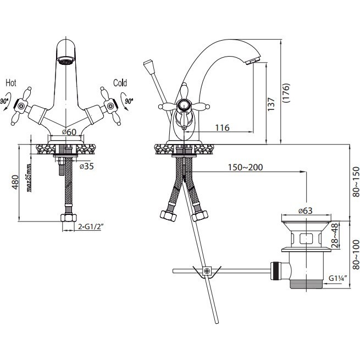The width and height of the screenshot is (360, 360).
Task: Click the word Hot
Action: click(x=11, y=83)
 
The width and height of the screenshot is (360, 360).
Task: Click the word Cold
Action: click(x=120, y=83)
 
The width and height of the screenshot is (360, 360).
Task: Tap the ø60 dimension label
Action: click(x=69, y=132)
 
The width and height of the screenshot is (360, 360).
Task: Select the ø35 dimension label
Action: click(x=87, y=166)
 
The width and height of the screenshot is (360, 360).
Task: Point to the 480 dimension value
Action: click(x=15, y=182)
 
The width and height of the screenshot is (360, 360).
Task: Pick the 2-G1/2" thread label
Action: click(x=90, y=226)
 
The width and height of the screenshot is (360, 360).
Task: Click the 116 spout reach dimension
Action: click(x=222, y=128)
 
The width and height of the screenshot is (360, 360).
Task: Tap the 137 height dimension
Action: click(x=271, y=104)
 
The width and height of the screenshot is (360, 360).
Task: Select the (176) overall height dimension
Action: click(x=286, y=93)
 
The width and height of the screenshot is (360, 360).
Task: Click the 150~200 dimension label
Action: click(x=245, y=168)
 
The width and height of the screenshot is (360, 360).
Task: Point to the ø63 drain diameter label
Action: click(x=306, y=211)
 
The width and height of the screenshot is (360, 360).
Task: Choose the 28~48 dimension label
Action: click(x=335, y=236)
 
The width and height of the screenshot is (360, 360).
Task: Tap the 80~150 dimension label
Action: click(x=356, y=182)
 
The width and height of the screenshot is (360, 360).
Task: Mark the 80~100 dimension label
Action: click(x=356, y=254)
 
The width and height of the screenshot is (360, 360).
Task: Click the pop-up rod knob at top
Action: click(x=149, y=66)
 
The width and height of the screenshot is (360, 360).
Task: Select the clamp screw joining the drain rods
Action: click(x=207, y=271)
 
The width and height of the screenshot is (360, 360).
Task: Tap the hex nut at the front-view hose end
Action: click(x=69, y=218)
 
